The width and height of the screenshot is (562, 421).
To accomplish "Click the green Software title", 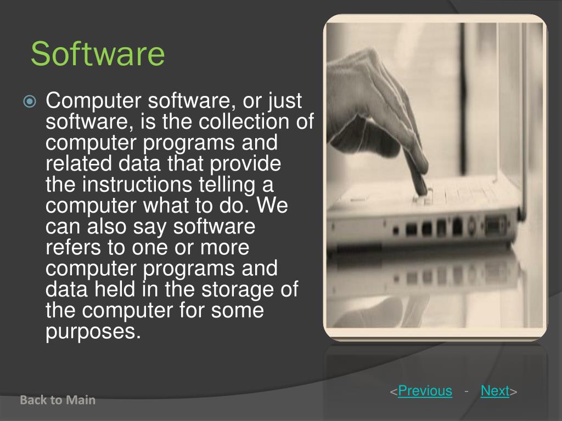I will pyautogui.click(x=98, y=54).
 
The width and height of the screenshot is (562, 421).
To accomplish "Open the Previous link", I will pyautogui.click(x=425, y=391).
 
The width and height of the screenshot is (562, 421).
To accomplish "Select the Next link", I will pyautogui.click(x=494, y=391).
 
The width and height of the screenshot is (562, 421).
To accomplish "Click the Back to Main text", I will pyautogui.click(x=58, y=400).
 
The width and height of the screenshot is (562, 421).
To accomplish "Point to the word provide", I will pyautogui.click(x=248, y=164).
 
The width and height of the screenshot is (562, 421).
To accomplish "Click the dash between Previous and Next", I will pyautogui.click(x=466, y=391).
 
